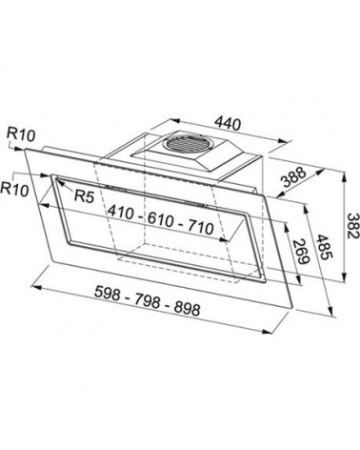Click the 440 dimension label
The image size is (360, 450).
point(228,123)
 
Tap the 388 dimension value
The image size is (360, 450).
point(294,176)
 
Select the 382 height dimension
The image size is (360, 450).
point(352,226)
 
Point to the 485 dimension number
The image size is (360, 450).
point(325,247)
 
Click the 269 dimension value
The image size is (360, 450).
point(300,251)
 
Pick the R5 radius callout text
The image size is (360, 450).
point(84,196)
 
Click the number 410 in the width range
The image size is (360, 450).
point(121,212)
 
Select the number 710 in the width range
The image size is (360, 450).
point(200,228)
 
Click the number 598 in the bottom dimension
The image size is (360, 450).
point(108,293)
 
